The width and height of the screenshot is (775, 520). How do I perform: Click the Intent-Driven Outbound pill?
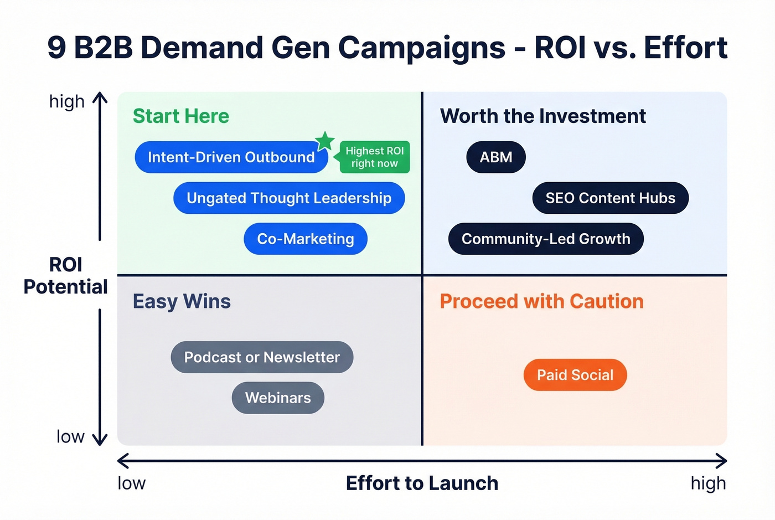(x=231, y=157)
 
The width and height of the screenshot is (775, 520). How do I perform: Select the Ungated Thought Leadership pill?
(x=288, y=198)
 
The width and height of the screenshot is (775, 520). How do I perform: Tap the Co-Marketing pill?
(x=305, y=239)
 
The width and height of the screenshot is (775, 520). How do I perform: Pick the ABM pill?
(x=495, y=157)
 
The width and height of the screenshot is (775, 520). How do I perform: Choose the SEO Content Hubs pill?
(x=610, y=198)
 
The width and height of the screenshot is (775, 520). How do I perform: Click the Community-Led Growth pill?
(x=545, y=239)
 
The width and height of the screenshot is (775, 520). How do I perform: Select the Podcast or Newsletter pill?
(x=261, y=357)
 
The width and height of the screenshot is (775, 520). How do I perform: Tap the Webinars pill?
(x=277, y=398)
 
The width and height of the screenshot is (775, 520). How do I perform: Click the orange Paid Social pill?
(x=575, y=375)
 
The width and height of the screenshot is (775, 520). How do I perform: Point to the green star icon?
(x=325, y=141)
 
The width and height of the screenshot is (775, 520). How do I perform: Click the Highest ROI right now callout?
(x=375, y=157)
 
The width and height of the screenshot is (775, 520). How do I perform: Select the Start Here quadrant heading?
(x=180, y=116)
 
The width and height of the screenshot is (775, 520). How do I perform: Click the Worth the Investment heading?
(x=542, y=116)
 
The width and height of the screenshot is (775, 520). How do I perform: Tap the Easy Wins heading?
(x=182, y=301)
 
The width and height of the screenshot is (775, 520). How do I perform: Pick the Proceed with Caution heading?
(x=541, y=301)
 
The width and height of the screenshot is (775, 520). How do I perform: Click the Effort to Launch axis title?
(x=422, y=483)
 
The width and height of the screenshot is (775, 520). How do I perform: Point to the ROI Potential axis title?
(x=65, y=276)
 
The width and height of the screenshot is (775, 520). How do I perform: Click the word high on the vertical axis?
(x=66, y=102)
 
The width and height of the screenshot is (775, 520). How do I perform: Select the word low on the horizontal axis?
(x=131, y=483)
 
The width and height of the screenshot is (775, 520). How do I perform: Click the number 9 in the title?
(x=56, y=48)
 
